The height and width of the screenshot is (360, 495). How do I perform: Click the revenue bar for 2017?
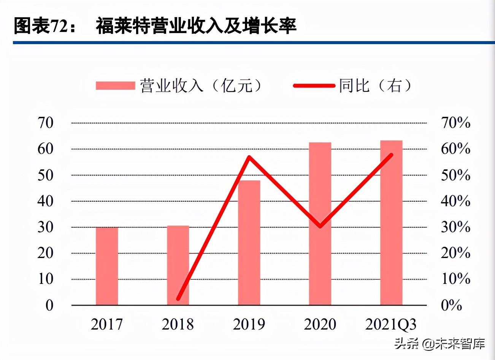click(x=107, y=266)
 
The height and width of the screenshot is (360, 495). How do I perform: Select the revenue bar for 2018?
click(x=178, y=265)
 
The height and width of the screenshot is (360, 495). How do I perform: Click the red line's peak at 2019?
click(x=249, y=157)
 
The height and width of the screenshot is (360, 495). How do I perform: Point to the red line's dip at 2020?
click(x=320, y=226)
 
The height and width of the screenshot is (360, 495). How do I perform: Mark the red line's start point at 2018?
click(x=178, y=299)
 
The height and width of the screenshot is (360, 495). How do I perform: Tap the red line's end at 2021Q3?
click(x=391, y=155)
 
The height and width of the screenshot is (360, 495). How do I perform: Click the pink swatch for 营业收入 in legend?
click(x=115, y=86)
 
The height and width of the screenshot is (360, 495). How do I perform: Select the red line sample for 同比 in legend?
click(x=314, y=86)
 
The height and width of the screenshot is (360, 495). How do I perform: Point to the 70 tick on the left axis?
click(x=45, y=123)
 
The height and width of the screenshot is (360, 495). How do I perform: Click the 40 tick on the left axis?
click(x=45, y=201)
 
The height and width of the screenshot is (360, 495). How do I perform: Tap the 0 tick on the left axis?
click(x=49, y=305)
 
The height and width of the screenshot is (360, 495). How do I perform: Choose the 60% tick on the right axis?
click(x=455, y=149)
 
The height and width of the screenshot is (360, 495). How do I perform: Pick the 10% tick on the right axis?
click(x=455, y=279)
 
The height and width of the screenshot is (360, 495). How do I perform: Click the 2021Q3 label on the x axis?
click(x=391, y=325)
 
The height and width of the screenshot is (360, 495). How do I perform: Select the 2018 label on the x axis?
click(x=178, y=325)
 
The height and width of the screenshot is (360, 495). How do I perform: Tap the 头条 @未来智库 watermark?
click(x=440, y=344)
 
